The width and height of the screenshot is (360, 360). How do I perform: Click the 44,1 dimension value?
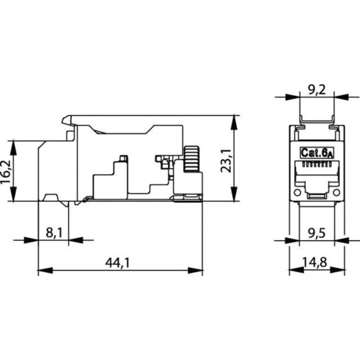pos(117,263)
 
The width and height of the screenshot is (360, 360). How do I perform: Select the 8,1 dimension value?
pos(54,233)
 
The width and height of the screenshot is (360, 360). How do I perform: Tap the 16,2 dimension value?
pos(6,171)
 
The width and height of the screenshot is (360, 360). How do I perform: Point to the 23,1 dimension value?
pos(226,161)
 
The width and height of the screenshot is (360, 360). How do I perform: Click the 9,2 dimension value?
pos(317,90)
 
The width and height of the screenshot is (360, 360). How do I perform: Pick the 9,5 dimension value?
pos(317,233)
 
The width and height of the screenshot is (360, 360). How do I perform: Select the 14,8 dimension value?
pos(314,263)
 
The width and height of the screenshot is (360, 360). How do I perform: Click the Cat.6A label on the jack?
pos(317,153)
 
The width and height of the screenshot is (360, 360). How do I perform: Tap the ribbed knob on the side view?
pos(191,159)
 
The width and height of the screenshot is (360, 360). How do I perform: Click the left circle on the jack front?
pos(297,193)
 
